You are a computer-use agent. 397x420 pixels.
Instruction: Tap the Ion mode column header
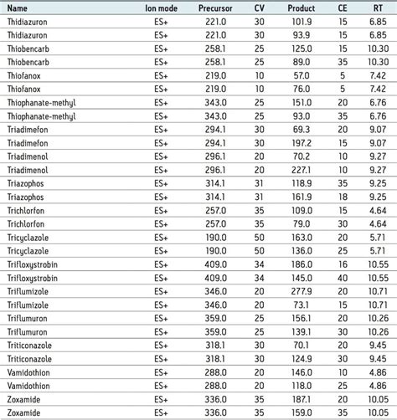coord(161,9)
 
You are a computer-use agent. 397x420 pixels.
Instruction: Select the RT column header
coord(378,9)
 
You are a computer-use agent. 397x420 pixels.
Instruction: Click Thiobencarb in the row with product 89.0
coord(30,63)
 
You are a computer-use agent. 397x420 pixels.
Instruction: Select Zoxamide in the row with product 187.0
coord(26,399)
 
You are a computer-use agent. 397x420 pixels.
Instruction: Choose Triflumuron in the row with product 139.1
coord(30,332)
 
